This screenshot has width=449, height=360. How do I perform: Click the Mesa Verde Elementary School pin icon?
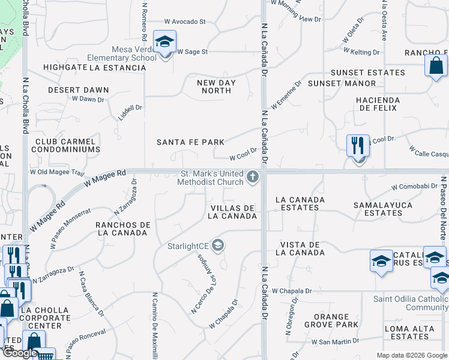[x=164, y=42]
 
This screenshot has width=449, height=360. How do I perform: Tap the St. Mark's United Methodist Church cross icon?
[x=253, y=178]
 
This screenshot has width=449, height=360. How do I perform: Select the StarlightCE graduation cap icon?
[x=218, y=245]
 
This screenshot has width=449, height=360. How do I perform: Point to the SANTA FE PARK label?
[x=190, y=142]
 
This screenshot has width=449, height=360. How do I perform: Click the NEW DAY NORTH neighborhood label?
[x=216, y=86]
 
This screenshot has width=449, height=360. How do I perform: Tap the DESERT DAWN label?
[x=79, y=90]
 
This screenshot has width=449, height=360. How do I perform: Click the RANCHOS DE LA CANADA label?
[x=122, y=229]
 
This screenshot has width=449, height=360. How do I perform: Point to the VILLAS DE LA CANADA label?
[x=234, y=212]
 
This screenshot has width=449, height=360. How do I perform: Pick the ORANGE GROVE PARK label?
[x=331, y=320]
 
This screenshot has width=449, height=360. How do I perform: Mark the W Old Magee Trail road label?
[x=58, y=172]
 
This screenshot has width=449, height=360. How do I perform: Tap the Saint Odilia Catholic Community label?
[x=411, y=304]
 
